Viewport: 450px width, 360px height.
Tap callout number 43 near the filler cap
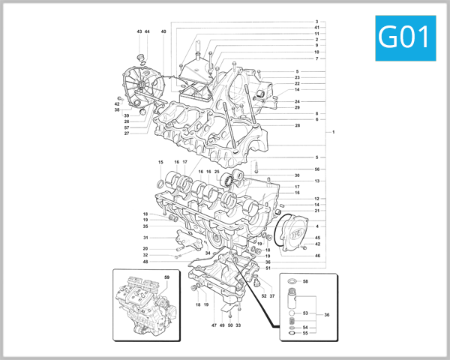point(139,31)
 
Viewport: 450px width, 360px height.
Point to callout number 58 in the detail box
point(305,280)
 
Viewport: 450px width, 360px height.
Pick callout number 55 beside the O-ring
point(305,333)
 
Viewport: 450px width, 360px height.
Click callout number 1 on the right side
point(333,133)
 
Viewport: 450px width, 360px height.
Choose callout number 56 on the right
point(317,169)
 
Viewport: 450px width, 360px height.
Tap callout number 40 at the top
point(163,31)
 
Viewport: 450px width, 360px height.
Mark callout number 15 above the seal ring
point(160,163)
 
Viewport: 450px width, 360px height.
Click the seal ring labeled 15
point(163,184)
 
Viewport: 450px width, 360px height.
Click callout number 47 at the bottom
point(214,325)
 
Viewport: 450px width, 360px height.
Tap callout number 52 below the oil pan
point(263,296)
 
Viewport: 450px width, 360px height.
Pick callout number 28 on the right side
point(298,125)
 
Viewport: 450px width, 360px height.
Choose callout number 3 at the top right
point(317,22)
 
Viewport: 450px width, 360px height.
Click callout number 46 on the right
point(317,256)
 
